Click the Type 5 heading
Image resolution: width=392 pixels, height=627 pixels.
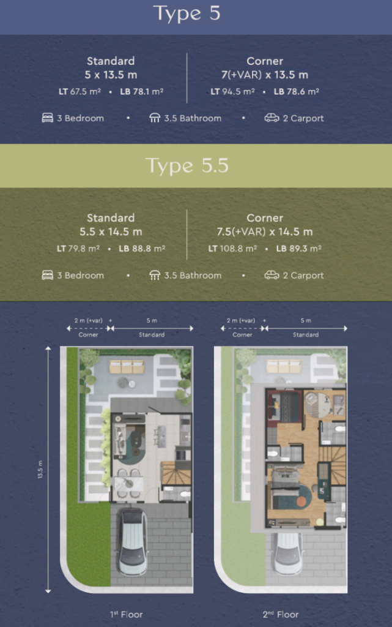click(x=187, y=13)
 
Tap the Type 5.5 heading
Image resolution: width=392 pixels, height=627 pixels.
click(x=187, y=165)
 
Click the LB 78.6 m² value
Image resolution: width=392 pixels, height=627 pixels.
click(x=296, y=92)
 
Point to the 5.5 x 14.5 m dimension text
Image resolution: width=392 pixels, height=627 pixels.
click(x=111, y=231)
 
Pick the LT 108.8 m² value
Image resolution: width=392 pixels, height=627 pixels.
click(x=232, y=249)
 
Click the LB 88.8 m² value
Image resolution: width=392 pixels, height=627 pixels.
click(x=142, y=249)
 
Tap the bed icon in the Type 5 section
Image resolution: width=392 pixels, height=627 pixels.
click(x=48, y=118)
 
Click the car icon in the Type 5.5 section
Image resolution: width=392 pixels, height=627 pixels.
click(x=272, y=275)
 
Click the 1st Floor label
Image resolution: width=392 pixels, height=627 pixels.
click(x=126, y=614)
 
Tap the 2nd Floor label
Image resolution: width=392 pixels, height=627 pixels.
click(x=281, y=614)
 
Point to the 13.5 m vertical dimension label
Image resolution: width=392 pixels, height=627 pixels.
click(x=40, y=470)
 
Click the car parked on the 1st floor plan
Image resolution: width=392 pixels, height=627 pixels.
click(x=131, y=541)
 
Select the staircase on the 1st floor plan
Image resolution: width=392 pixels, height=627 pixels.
click(x=176, y=473)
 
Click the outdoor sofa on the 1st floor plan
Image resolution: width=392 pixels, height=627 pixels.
click(x=127, y=367)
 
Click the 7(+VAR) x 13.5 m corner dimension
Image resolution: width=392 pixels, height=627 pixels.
click(x=265, y=75)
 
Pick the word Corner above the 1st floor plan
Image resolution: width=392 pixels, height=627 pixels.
click(x=88, y=335)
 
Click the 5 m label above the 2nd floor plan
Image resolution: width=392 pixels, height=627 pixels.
click(x=306, y=321)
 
